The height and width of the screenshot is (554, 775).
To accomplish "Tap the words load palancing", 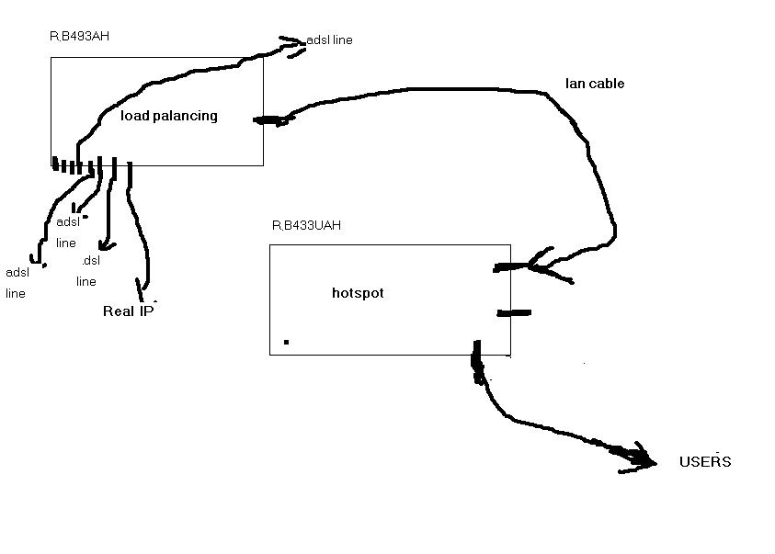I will tap(169, 116).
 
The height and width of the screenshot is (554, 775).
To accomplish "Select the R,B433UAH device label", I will tap(306, 225).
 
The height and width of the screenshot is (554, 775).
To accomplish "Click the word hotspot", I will tap(358, 293).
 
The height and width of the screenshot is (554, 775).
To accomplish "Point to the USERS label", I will tap(705, 461).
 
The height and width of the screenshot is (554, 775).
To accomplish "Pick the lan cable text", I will tap(595, 84).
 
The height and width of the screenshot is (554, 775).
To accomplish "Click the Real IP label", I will tap(128, 311).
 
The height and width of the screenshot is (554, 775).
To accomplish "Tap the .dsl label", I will tap(90, 260).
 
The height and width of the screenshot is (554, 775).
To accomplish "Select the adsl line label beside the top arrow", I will tap(331, 40).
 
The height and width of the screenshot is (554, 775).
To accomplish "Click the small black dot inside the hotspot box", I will tap(287, 342).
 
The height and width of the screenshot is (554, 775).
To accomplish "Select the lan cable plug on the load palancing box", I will tap(268, 119).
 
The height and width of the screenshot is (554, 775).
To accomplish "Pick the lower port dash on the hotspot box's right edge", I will tap(513, 313).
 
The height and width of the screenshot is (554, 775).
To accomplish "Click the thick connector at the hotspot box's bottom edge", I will tap(477, 359).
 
